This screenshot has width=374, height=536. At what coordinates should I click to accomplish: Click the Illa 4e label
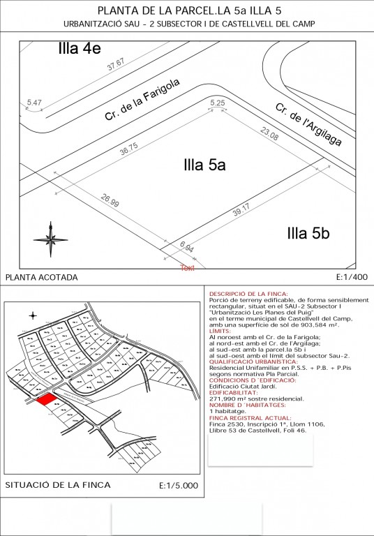(81, 48)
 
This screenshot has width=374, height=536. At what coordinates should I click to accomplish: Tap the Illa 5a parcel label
(204, 165)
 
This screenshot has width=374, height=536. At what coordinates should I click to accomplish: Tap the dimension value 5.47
(34, 103)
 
